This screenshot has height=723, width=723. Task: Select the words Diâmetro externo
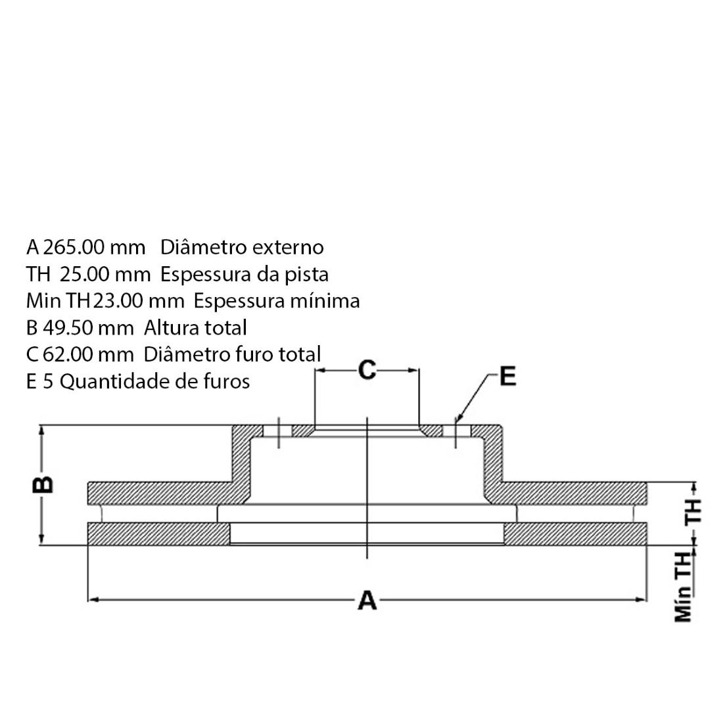(242, 247)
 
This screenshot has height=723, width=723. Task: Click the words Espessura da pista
(245, 274)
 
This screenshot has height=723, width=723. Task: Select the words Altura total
(195, 327)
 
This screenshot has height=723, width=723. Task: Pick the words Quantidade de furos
(154, 381)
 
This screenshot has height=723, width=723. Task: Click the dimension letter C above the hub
(367, 370)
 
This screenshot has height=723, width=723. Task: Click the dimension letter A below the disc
(367, 599)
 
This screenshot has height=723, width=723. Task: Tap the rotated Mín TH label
(684, 586)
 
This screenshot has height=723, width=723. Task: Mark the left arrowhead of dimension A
(92, 599)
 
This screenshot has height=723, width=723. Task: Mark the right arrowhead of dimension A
(642, 599)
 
